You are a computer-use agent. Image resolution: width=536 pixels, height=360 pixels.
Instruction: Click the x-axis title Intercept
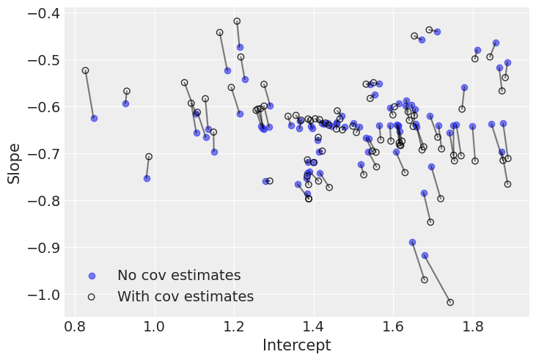click(296, 345)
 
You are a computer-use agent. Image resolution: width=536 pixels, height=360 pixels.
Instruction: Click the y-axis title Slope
click(14, 163)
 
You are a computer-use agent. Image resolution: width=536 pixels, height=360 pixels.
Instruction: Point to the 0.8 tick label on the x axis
click(75, 324)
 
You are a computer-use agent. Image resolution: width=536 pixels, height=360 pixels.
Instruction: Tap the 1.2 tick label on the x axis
click(234, 324)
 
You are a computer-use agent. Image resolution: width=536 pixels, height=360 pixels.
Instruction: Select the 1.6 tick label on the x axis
click(393, 324)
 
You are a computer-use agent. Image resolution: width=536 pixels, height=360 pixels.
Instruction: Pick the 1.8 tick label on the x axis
click(473, 324)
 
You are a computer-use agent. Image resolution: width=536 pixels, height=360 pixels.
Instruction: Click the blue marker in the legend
click(92, 276)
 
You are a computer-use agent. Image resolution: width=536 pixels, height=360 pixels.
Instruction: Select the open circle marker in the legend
click(92, 297)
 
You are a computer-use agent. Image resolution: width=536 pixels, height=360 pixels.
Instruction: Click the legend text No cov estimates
click(179, 276)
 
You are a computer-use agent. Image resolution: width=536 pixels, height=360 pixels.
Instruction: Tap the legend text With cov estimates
click(186, 297)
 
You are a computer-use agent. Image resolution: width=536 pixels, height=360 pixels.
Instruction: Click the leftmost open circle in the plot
click(85, 70)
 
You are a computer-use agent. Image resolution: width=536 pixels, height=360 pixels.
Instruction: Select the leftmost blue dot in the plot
click(94, 118)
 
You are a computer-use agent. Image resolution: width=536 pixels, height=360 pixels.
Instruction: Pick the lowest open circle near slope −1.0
click(450, 302)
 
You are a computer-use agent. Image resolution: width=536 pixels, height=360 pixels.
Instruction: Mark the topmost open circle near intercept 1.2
click(237, 21)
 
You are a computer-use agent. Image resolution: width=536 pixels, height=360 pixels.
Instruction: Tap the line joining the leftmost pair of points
click(89, 94)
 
